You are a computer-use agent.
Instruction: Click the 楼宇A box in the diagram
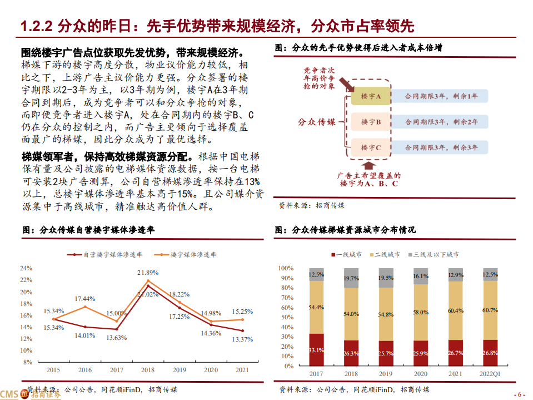371,96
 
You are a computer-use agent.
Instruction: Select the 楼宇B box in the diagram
371,121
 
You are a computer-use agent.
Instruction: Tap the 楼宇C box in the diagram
371,147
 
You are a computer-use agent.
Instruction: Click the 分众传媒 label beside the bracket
316,121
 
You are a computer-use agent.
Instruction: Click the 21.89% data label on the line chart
148,273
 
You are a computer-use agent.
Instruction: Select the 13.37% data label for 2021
242,339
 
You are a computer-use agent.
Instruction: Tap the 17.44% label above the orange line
85,299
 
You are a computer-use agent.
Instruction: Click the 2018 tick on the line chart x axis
148,369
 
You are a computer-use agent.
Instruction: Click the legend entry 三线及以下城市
436,254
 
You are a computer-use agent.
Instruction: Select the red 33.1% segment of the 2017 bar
317,350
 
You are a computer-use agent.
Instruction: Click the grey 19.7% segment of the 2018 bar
351,278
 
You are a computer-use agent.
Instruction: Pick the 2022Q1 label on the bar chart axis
490,374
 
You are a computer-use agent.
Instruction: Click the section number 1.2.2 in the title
37,27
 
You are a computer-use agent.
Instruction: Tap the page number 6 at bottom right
519,394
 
